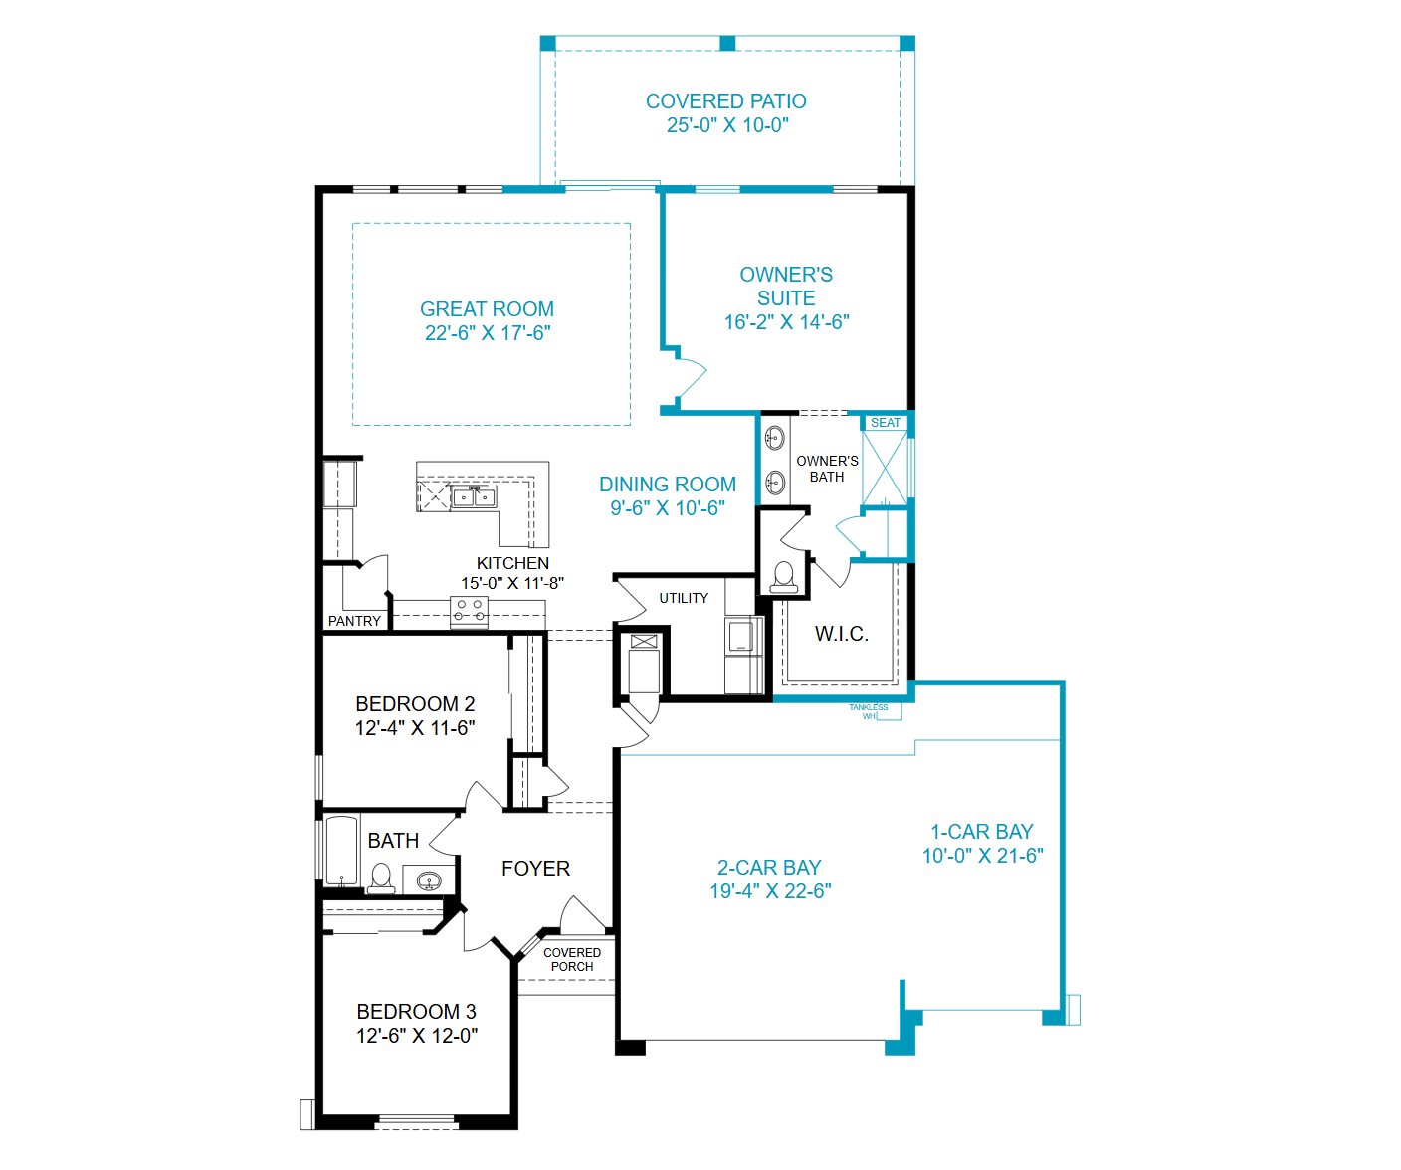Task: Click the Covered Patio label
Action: click(726, 101)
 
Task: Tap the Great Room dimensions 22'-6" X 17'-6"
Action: click(488, 333)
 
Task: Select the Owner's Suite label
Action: click(786, 286)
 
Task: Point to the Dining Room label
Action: click(667, 485)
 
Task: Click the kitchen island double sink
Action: click(474, 497)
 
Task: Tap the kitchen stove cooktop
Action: click(469, 612)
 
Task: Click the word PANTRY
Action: click(354, 621)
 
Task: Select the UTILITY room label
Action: click(683, 598)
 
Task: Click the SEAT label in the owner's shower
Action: click(885, 423)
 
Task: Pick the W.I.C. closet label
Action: click(842, 634)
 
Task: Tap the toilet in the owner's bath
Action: click(784, 577)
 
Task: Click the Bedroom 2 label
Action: click(415, 704)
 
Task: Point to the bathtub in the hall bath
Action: click(341, 851)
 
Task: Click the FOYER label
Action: click(535, 869)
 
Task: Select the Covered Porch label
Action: click(572, 959)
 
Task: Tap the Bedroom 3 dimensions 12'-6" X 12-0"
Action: click(417, 1036)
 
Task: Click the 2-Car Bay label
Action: click(769, 868)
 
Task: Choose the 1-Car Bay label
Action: click(982, 832)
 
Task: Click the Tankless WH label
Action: click(868, 711)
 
